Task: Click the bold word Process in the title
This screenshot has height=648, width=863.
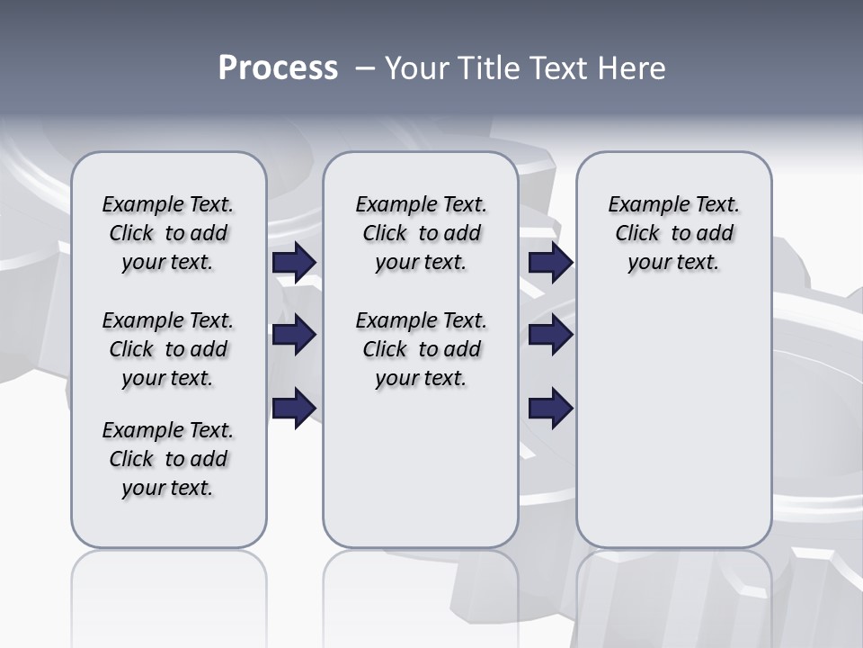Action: pos(278,67)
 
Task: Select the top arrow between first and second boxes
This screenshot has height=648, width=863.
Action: pos(294,263)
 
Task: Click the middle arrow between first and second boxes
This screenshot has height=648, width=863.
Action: pos(294,336)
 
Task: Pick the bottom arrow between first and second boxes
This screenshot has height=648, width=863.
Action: pos(294,408)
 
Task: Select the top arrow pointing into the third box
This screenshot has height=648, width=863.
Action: pos(550,263)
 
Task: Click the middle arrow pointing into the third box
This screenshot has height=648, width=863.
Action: pos(550,336)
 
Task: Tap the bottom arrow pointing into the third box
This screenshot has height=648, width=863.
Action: pos(550,408)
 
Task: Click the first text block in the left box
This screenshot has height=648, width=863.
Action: pos(168,233)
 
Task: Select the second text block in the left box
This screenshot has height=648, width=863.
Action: pos(168,349)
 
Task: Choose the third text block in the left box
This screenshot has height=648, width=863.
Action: pos(168,459)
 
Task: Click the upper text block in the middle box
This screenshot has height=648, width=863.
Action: pos(421,233)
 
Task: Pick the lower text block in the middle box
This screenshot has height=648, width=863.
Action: pos(421,349)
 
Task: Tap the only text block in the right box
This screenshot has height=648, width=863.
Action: pos(673,233)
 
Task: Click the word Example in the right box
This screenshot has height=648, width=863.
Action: pos(641,205)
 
